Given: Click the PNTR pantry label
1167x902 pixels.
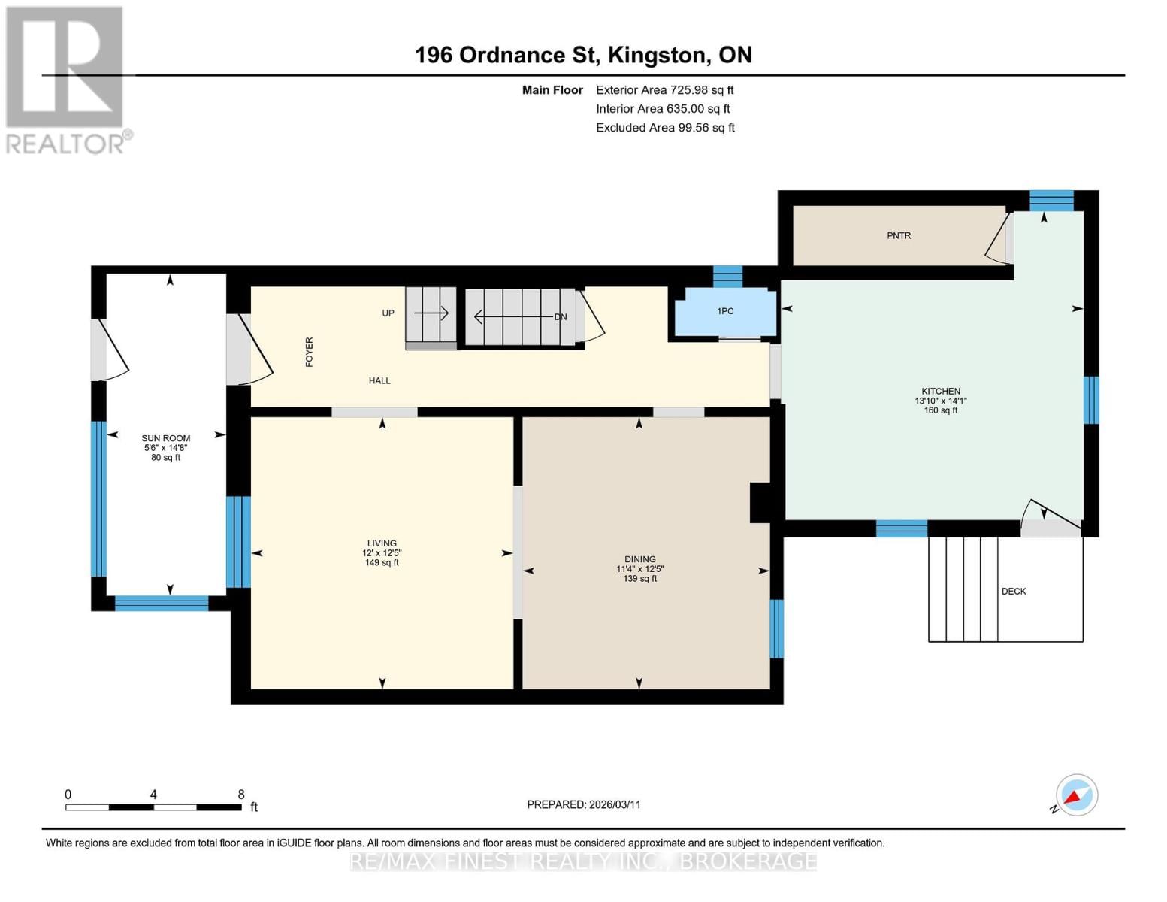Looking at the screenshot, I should click(898, 235).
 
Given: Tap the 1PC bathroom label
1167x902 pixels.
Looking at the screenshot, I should click(724, 311).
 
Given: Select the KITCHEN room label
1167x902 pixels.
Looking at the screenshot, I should click(941, 392).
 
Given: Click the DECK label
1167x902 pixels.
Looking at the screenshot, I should click(1013, 592).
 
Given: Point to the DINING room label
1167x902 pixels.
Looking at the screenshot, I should click(639, 559).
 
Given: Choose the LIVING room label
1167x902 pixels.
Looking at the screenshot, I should click(382, 543).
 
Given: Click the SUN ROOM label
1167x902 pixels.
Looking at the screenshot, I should click(166, 438).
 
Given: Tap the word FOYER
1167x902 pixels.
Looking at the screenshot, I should click(309, 352).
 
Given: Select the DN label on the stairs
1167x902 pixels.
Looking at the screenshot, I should click(560, 317).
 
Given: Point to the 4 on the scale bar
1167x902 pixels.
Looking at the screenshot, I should click(153, 795).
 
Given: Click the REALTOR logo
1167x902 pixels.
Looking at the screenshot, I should click(66, 79).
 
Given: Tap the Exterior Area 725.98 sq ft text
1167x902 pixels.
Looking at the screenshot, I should click(664, 90).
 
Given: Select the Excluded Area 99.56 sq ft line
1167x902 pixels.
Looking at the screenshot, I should click(664, 128).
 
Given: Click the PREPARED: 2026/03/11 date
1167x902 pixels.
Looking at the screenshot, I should click(583, 804).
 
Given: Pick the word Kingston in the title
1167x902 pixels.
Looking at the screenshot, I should click(657, 55).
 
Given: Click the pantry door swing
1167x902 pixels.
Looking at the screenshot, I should click(999, 239).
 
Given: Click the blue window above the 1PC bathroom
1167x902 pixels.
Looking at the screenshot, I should click(727, 276).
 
